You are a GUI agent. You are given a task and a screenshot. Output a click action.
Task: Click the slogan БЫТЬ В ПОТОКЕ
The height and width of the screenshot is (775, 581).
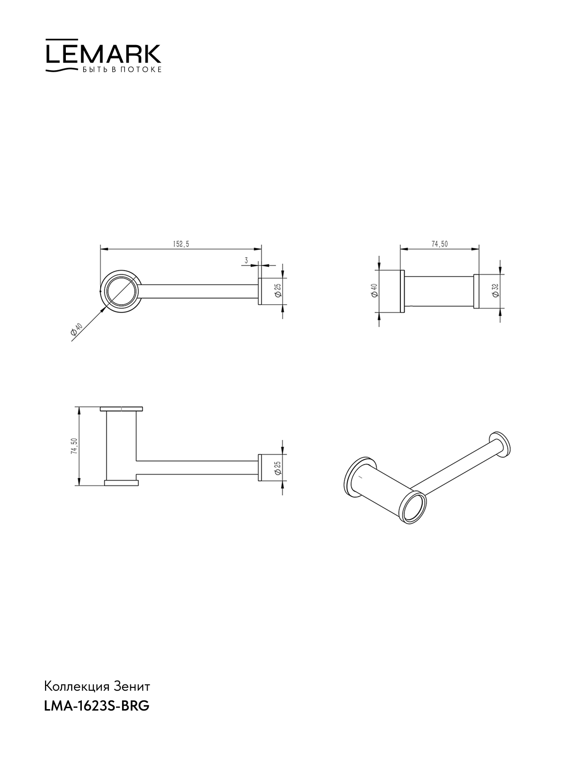click(x=122, y=70)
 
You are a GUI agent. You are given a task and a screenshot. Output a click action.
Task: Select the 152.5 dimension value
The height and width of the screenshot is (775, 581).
click(x=181, y=244)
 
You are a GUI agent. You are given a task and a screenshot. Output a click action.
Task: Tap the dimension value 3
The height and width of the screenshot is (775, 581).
click(x=246, y=260)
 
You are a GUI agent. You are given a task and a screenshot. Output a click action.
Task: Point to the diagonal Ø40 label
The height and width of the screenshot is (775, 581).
click(x=76, y=329)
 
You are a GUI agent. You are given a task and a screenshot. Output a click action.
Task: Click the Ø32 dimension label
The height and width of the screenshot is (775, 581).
click(x=496, y=291)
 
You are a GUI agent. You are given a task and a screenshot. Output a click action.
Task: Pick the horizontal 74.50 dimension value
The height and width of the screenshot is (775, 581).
click(x=439, y=244)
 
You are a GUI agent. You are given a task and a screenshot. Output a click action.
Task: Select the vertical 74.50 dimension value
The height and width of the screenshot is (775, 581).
click(x=74, y=446)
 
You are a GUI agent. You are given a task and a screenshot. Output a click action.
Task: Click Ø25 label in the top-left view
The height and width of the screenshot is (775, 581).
click(x=277, y=291)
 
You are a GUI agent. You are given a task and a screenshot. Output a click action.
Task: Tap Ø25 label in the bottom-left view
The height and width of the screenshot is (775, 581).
click(x=277, y=467)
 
